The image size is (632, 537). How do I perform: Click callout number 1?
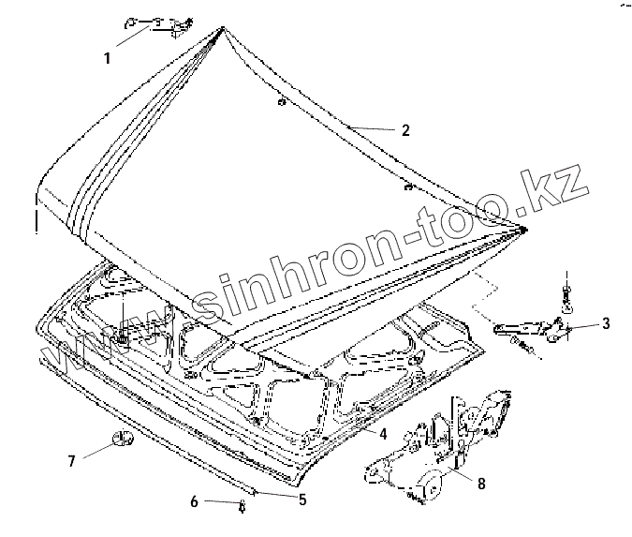(107, 58)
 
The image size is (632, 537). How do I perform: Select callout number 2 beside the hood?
(405, 131)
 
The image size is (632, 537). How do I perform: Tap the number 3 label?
(606, 324)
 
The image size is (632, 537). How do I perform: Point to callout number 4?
(383, 434)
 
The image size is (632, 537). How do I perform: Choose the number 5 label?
(302, 500)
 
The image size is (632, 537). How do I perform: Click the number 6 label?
(194, 502)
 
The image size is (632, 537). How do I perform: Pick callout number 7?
(70, 460)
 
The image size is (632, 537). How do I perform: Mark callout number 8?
(481, 485)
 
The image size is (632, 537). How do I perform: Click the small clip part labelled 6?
(242, 506)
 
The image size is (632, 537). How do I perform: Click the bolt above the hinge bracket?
(566, 293)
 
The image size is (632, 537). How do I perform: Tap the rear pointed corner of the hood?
(222, 31)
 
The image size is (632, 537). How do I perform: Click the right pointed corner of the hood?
(524, 228)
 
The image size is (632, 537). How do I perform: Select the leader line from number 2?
(370, 127)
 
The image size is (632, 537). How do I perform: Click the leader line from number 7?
(96, 449)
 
